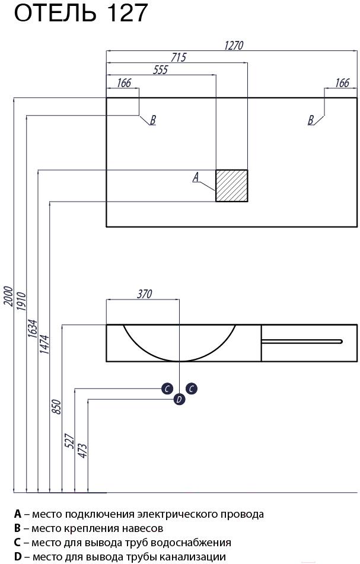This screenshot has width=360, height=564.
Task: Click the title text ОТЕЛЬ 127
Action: click(81, 13)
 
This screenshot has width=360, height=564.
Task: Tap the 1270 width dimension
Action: click(234, 46)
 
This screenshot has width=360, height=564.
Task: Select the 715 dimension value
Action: click(179, 57)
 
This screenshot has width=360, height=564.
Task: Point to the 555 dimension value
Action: click(160, 69)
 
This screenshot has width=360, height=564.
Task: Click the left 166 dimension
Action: click(124, 82)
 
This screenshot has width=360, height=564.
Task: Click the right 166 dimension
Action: click(342, 82)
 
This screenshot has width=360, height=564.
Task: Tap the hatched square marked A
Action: click(232, 186)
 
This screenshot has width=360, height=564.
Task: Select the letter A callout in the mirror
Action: click(196, 177)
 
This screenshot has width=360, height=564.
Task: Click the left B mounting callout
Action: click(153, 120)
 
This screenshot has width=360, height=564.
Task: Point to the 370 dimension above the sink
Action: click(145, 294)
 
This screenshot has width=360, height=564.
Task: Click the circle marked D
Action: click(179, 399)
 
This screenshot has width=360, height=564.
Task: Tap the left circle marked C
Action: click(167, 388)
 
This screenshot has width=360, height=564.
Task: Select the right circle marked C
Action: click(192, 388)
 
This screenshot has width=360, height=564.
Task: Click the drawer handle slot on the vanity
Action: click(302, 341)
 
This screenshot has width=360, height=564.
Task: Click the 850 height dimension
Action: click(57, 407)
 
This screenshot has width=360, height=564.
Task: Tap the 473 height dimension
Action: click(82, 451)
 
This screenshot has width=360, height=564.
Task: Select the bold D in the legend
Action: click(18, 556)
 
